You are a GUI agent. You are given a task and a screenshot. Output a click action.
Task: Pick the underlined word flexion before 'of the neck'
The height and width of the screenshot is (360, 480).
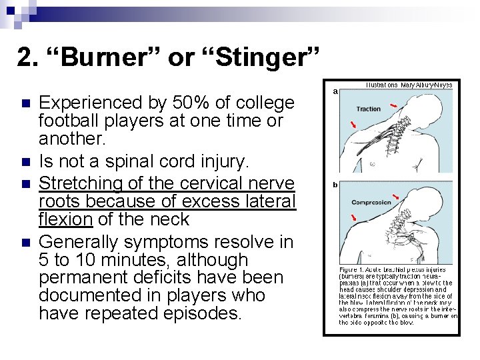point(65,219)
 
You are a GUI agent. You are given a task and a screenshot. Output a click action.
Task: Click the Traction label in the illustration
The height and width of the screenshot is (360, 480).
point(369,109)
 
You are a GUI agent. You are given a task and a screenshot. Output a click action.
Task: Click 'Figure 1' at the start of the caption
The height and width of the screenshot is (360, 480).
point(351,270)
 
